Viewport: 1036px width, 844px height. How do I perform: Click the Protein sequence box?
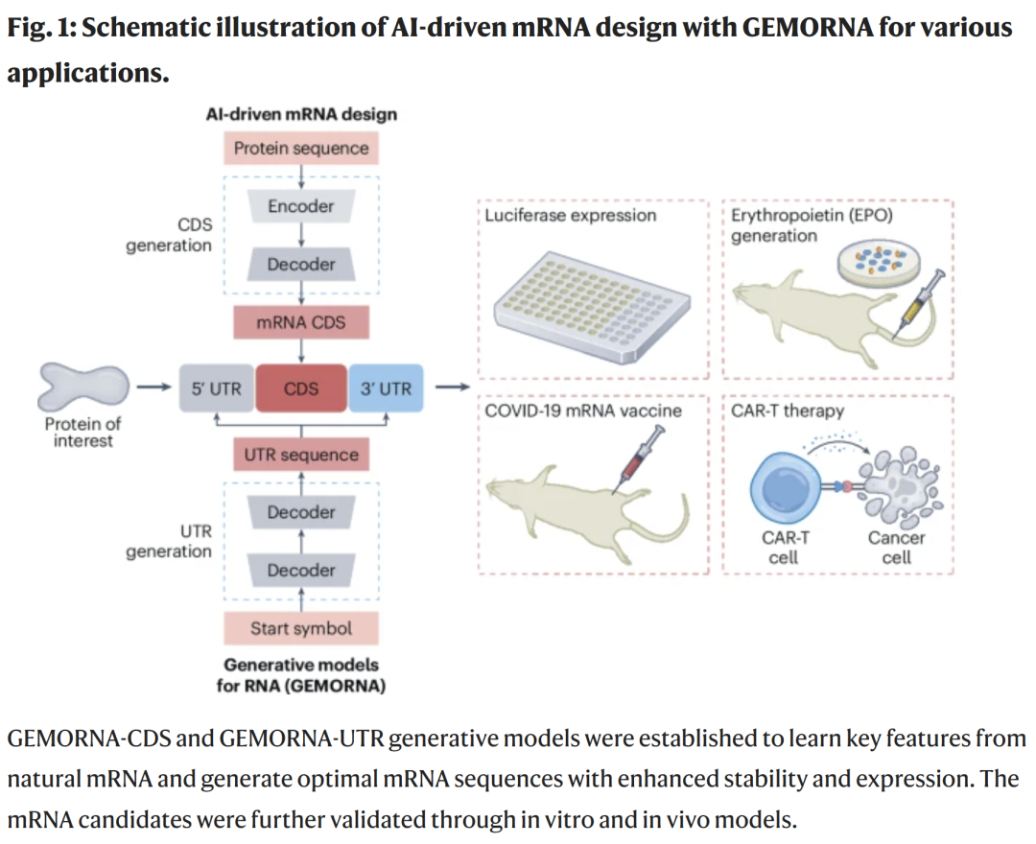pyautogui.click(x=301, y=149)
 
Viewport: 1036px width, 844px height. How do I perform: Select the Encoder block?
pyautogui.click(x=301, y=206)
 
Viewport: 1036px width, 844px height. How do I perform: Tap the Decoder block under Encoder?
pyautogui.click(x=301, y=265)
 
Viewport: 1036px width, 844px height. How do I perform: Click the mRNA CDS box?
pyautogui.click(x=301, y=323)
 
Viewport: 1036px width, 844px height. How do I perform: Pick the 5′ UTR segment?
pyautogui.click(x=217, y=388)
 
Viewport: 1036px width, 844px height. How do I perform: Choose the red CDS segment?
pyautogui.click(x=301, y=388)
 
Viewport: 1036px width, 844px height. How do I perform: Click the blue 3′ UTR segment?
pyautogui.click(x=386, y=388)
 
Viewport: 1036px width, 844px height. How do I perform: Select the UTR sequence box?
pyautogui.click(x=301, y=455)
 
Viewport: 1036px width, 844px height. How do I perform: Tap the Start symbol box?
pyautogui.click(x=301, y=629)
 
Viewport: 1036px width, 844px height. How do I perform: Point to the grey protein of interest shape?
pyautogui.click(x=82, y=387)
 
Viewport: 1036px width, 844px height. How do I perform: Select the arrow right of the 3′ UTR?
pyautogui.click(x=452, y=388)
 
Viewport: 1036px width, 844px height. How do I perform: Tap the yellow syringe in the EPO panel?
pyautogui.click(x=916, y=304)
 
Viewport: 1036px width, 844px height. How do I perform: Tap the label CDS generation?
pyautogui.click(x=168, y=235)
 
